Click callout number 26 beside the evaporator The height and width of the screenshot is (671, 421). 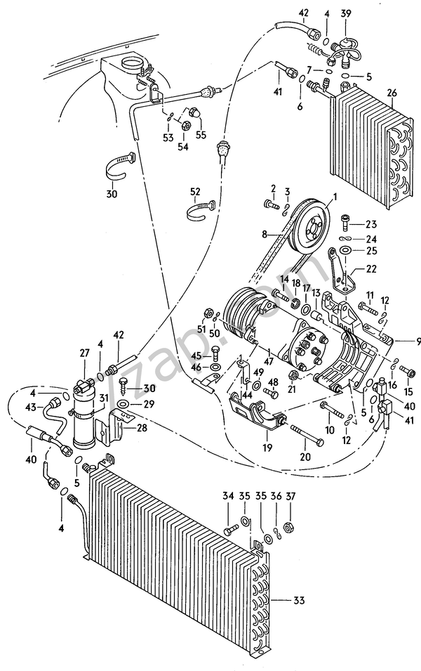click(x=391, y=93)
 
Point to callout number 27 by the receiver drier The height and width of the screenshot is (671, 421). click(x=84, y=353)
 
